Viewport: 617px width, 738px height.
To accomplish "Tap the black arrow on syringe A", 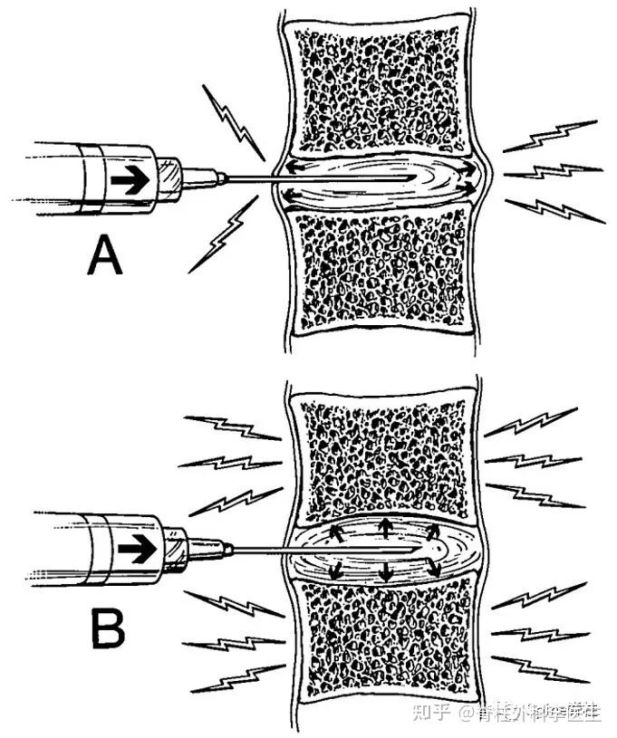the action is pos(129,180).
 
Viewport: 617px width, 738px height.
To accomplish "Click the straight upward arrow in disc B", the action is pos(384,526).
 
